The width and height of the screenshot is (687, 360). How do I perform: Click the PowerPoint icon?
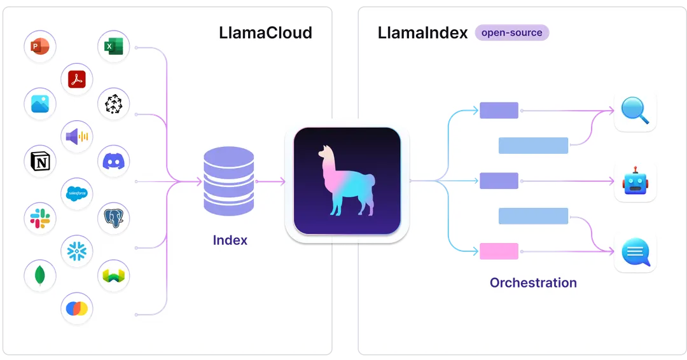click(x=40, y=46)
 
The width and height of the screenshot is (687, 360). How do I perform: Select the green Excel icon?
click(x=114, y=46)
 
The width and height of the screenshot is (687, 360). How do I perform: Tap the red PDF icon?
click(x=77, y=80)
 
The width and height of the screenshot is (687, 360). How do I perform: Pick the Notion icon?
click(x=40, y=162)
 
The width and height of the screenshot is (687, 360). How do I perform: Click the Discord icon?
click(x=114, y=162)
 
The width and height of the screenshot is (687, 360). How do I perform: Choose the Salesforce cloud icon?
click(x=77, y=193)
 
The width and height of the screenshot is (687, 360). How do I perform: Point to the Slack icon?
click(x=40, y=219)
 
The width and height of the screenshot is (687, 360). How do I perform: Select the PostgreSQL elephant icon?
click(x=114, y=218)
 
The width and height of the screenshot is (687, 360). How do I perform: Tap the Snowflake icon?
click(x=77, y=251)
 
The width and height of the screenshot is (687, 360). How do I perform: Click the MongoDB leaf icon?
click(x=40, y=275)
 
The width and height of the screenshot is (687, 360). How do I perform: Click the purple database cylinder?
click(x=228, y=181)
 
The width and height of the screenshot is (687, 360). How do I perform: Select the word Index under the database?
click(x=230, y=240)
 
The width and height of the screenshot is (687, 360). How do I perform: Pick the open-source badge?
click(x=511, y=32)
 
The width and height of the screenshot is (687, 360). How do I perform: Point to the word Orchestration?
click(x=533, y=283)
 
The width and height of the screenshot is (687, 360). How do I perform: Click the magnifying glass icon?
click(x=635, y=112)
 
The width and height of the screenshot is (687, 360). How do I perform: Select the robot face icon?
click(x=635, y=182)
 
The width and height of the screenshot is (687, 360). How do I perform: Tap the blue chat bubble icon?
click(x=635, y=253)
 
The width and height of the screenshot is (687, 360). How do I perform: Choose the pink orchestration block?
click(x=499, y=251)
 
